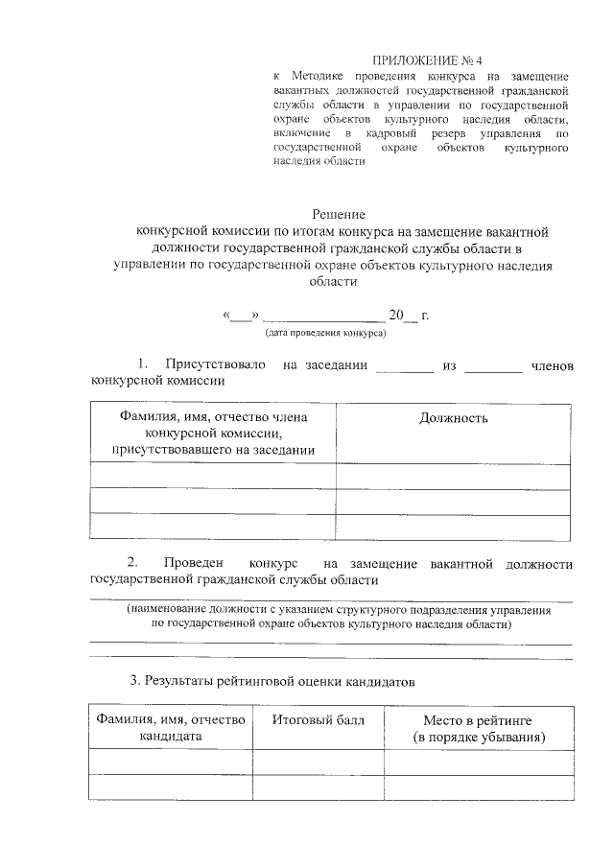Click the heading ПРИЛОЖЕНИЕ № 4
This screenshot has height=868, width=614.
(422, 60)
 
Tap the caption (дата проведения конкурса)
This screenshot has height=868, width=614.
(325, 334)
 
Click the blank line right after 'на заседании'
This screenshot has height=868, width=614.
(404, 365)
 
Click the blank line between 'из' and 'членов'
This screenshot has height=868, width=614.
(493, 365)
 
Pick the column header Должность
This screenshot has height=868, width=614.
(454, 418)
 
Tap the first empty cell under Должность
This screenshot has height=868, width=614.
(454, 476)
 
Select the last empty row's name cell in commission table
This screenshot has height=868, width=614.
(213, 527)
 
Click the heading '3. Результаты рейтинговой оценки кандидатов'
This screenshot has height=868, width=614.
(273, 682)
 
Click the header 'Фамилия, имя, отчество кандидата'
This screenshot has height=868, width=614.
(169, 728)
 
